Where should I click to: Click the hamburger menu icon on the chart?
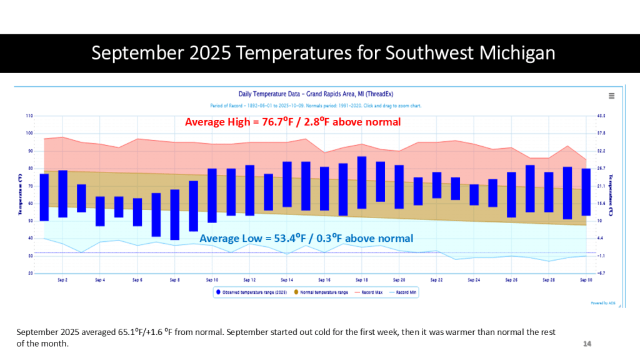point(611,96)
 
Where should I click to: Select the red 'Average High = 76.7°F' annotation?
point(292,122)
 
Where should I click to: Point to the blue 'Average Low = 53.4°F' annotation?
point(306,238)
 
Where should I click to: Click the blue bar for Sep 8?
point(174,214)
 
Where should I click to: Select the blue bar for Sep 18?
point(361,182)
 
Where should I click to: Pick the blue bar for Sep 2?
point(62,194)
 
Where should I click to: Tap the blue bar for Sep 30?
point(586,192)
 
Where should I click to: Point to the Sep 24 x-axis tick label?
point(474,279)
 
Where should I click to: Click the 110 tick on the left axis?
point(29,116)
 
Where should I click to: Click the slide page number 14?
point(587,344)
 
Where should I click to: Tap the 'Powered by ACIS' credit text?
point(602,302)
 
